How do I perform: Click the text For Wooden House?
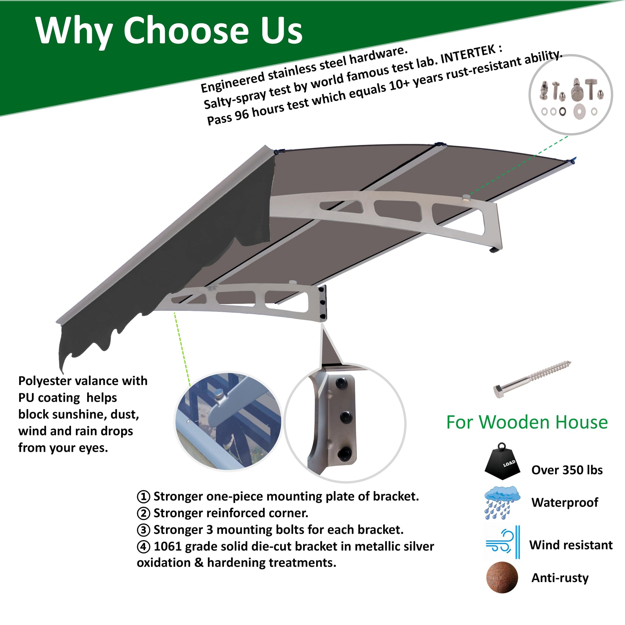[527, 423]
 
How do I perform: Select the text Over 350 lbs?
[567, 470]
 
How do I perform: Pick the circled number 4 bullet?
[143, 547]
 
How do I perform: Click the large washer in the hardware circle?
[579, 111]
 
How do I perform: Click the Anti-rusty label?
[560, 578]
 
